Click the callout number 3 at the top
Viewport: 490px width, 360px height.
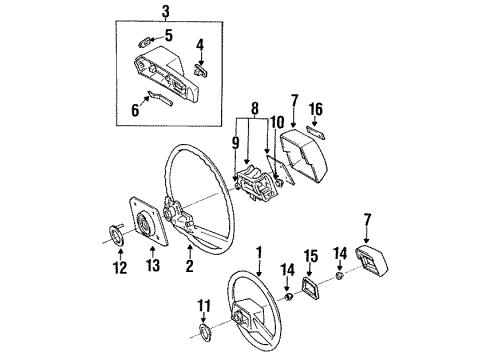tap(166, 12)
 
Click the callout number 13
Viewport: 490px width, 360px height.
tap(153, 266)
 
